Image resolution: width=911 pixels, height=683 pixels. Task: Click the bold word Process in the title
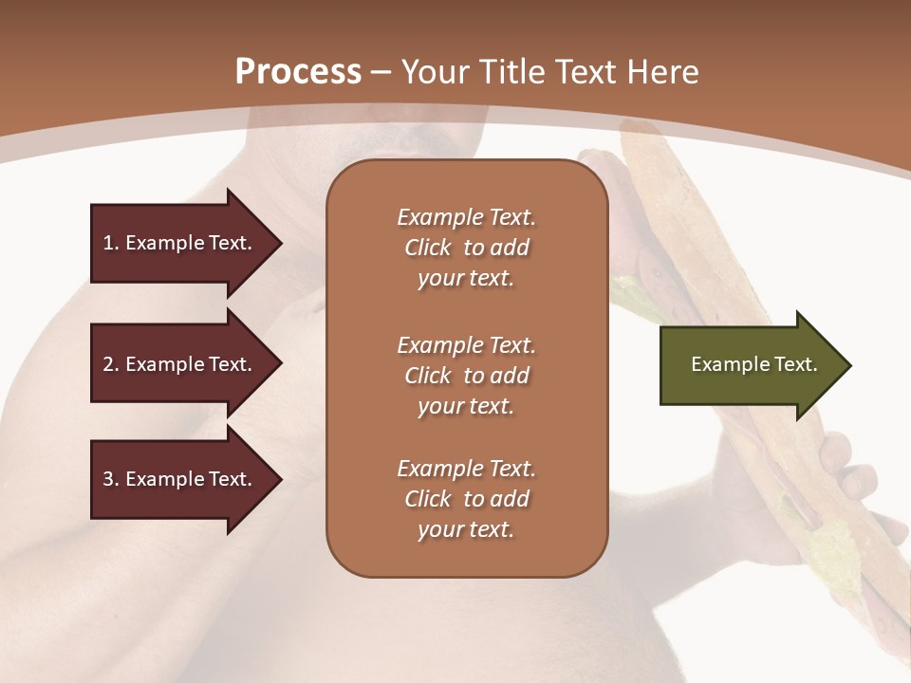(298, 72)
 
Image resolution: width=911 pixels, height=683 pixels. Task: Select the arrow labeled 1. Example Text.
(180, 243)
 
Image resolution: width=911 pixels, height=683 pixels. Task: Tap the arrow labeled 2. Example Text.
(180, 364)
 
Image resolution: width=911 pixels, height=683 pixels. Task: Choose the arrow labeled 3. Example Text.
(180, 479)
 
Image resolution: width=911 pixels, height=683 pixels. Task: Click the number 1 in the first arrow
(109, 243)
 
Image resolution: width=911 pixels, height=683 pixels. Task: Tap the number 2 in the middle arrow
(109, 364)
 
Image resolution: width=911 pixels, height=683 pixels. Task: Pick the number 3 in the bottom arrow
(109, 479)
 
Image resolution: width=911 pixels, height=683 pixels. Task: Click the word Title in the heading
(512, 72)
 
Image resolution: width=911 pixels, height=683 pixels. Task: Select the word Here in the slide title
(663, 72)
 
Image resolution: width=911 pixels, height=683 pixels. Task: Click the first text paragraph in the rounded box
(466, 248)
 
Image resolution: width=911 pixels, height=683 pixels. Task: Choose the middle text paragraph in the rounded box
(466, 376)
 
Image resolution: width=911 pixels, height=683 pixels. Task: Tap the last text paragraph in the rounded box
(466, 499)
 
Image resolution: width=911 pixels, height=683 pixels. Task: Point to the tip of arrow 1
(280, 243)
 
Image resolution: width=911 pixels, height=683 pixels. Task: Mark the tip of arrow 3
(280, 479)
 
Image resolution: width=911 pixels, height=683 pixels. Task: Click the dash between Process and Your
(381, 73)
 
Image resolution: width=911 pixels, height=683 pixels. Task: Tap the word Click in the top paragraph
(428, 248)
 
